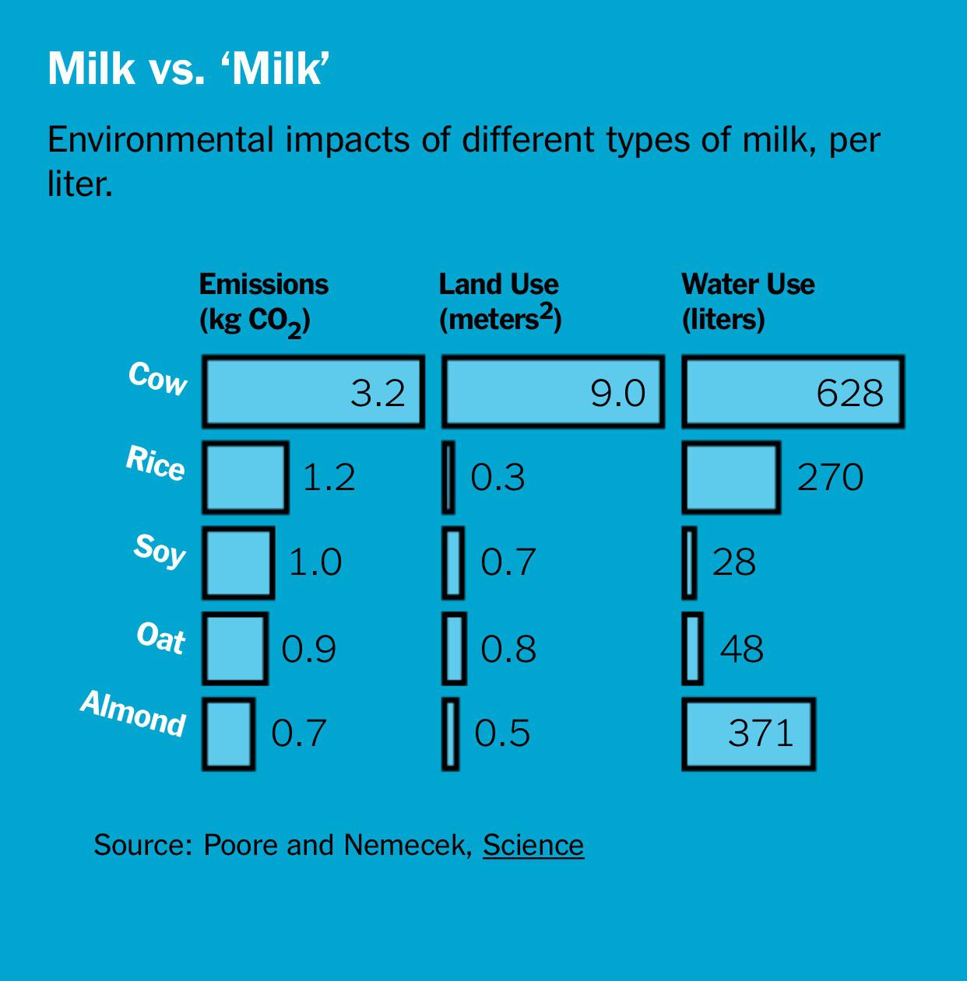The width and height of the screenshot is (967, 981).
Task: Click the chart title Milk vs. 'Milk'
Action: pos(185,69)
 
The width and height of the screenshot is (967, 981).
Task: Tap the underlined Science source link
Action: pos(533,845)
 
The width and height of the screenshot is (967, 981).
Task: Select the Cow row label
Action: pos(158,378)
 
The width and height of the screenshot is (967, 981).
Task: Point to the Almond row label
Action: pos(133,713)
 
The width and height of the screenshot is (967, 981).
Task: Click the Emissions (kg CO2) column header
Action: pos(263,302)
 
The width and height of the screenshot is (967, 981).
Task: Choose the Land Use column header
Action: pos(500,302)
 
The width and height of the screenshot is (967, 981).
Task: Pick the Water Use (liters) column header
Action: pos(747,302)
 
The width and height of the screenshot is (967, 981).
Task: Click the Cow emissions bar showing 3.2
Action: pos(313,392)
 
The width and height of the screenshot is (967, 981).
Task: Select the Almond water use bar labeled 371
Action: pos(748,734)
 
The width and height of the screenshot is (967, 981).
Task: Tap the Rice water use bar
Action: pos(730,477)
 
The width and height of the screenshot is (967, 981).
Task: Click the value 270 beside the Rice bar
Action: pos(830,477)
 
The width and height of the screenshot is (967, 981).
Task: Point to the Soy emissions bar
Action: pos(238,562)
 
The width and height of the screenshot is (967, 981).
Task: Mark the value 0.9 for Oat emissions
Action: pos(308,648)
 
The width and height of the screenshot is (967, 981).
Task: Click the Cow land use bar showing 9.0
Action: pos(553,392)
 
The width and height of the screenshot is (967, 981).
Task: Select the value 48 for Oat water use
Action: pos(741,648)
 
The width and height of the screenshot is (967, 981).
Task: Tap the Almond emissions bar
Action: pos(229,734)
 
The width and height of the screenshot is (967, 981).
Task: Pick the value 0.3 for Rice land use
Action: pos(498,477)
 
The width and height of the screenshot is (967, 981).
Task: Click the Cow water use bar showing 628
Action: pos(793,392)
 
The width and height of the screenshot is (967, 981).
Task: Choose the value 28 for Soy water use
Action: pos(733,562)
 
